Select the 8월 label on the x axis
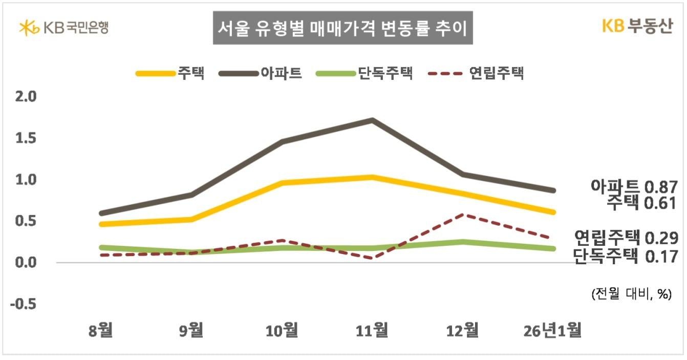(x=100, y=330)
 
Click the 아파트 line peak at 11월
(x=372, y=120)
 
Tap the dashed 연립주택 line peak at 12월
(x=463, y=215)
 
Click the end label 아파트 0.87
(x=634, y=187)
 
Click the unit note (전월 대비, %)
(x=631, y=294)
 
